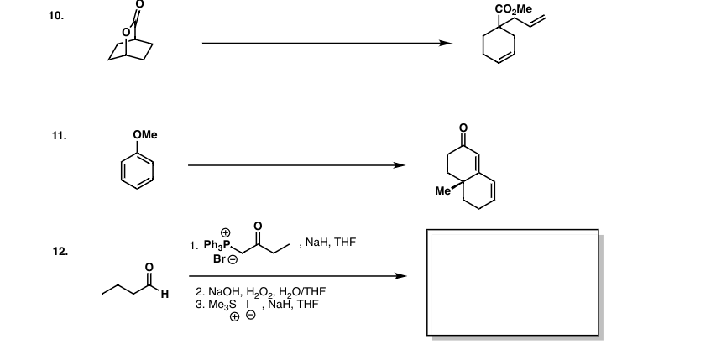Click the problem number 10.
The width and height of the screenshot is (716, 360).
[x=56, y=16]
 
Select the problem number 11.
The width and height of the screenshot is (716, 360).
[x=59, y=135]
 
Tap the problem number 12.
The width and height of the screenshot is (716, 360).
[x=60, y=252]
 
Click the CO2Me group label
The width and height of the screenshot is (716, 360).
[x=514, y=9]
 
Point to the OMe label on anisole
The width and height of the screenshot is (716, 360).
[x=145, y=134]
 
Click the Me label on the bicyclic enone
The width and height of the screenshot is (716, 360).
[x=442, y=191]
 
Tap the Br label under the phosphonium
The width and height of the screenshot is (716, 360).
[x=219, y=258]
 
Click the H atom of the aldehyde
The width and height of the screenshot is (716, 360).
[x=165, y=295]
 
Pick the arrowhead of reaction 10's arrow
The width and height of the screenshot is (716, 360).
[x=445, y=44]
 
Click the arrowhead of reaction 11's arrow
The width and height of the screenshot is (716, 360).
[x=399, y=165]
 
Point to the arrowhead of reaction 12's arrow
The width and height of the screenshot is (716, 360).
[x=400, y=276]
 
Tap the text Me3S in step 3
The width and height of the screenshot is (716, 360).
[x=222, y=305]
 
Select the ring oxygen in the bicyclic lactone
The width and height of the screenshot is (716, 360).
[x=126, y=33]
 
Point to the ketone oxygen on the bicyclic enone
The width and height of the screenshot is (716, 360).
[x=463, y=128]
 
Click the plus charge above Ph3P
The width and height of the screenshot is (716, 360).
[x=226, y=233]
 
